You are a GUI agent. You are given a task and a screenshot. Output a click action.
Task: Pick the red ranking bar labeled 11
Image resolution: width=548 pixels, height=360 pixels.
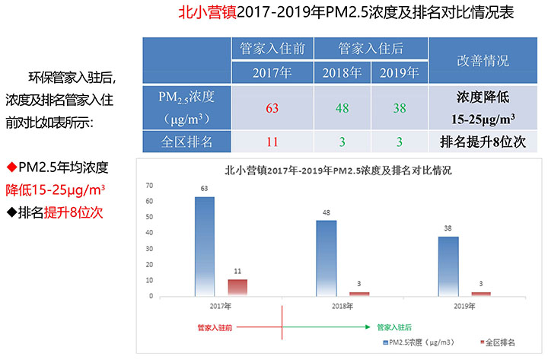(x=237, y=287)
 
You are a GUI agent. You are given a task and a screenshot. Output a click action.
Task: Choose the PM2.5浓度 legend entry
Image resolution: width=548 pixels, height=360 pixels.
(x=419, y=343)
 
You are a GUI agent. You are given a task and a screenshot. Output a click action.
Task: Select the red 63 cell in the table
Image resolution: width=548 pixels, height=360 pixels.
(x=272, y=107)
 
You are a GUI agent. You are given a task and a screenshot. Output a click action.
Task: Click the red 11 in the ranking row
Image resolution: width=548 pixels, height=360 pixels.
(x=272, y=142)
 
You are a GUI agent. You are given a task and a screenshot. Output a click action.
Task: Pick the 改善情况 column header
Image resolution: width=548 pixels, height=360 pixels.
(x=483, y=60)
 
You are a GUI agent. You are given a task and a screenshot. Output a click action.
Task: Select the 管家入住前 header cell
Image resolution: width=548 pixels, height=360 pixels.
(x=272, y=49)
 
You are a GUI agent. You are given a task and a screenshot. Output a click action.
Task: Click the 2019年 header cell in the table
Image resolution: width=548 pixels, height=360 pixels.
(x=400, y=73)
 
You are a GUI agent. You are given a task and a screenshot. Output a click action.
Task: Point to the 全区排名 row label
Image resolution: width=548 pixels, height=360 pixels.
(x=187, y=142)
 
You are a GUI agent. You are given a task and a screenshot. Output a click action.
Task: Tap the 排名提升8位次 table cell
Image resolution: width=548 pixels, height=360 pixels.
(x=483, y=142)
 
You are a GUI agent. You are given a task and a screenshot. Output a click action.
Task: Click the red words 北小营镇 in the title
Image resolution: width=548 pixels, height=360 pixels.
(x=207, y=14)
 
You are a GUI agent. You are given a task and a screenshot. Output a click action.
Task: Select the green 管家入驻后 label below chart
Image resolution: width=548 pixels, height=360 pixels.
(x=393, y=327)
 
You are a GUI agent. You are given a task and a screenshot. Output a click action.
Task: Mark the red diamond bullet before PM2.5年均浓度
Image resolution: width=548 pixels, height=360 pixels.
(x=11, y=167)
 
